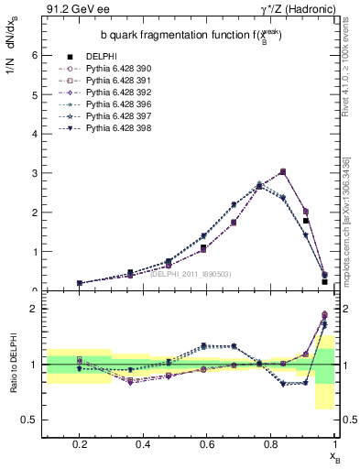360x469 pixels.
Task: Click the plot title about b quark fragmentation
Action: [191, 36]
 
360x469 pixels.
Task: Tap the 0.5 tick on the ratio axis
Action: [29, 420]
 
